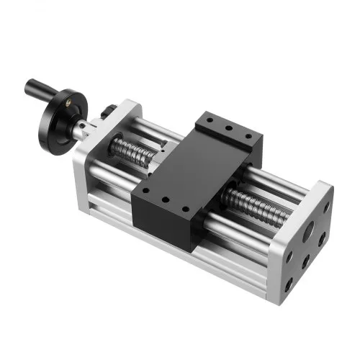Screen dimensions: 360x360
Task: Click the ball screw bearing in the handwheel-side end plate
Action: coord(109,143)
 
